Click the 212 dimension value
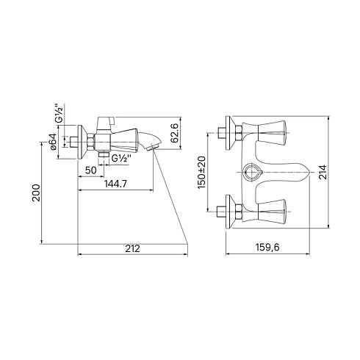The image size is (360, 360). (133, 248)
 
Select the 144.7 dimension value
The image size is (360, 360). (115, 184)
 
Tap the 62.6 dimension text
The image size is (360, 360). (175, 134)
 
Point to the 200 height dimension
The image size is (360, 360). (37, 192)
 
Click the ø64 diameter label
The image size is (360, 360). (53, 142)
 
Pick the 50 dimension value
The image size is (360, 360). (91, 170)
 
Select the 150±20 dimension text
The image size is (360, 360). (202, 172)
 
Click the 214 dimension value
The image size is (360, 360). (323, 172)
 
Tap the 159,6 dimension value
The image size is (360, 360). (267, 248)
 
